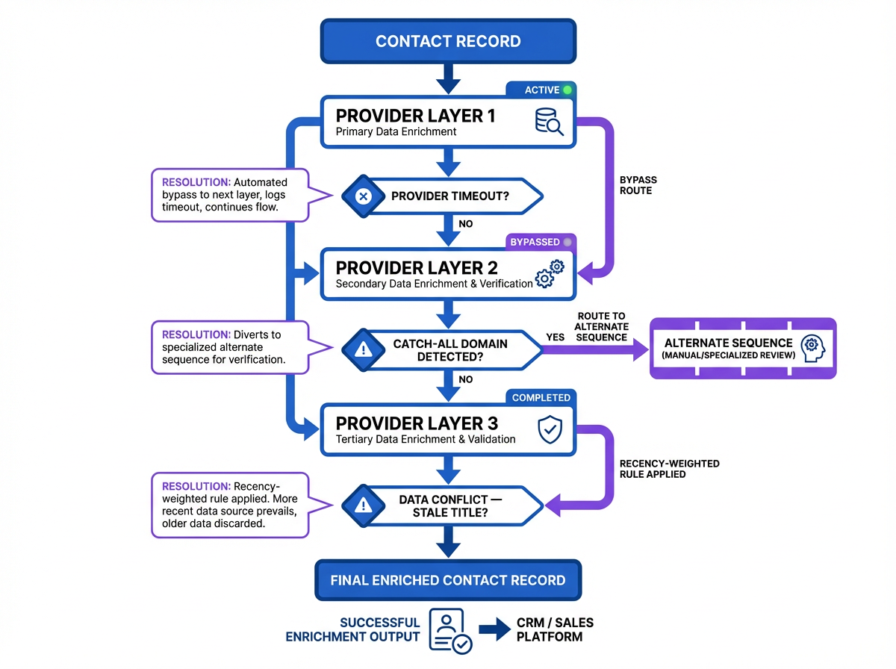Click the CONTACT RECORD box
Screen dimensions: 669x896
point(448,41)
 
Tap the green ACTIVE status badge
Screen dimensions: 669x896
point(541,90)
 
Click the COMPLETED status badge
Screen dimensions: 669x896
point(541,398)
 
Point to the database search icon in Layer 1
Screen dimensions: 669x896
point(549,122)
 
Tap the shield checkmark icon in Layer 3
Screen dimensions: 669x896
point(550,430)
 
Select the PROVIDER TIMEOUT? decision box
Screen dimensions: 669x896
point(448,197)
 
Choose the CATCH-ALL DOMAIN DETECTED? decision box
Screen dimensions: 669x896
point(448,349)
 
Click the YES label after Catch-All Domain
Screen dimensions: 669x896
point(556,337)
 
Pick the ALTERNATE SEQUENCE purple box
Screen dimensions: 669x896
point(743,348)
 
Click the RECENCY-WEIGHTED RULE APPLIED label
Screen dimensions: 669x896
point(659,469)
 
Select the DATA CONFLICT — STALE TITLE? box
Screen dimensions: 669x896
point(448,506)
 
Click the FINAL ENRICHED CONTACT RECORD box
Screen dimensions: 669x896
point(448,580)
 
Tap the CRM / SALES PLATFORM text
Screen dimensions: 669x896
point(555,629)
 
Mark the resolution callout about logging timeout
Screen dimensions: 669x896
point(230,195)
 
